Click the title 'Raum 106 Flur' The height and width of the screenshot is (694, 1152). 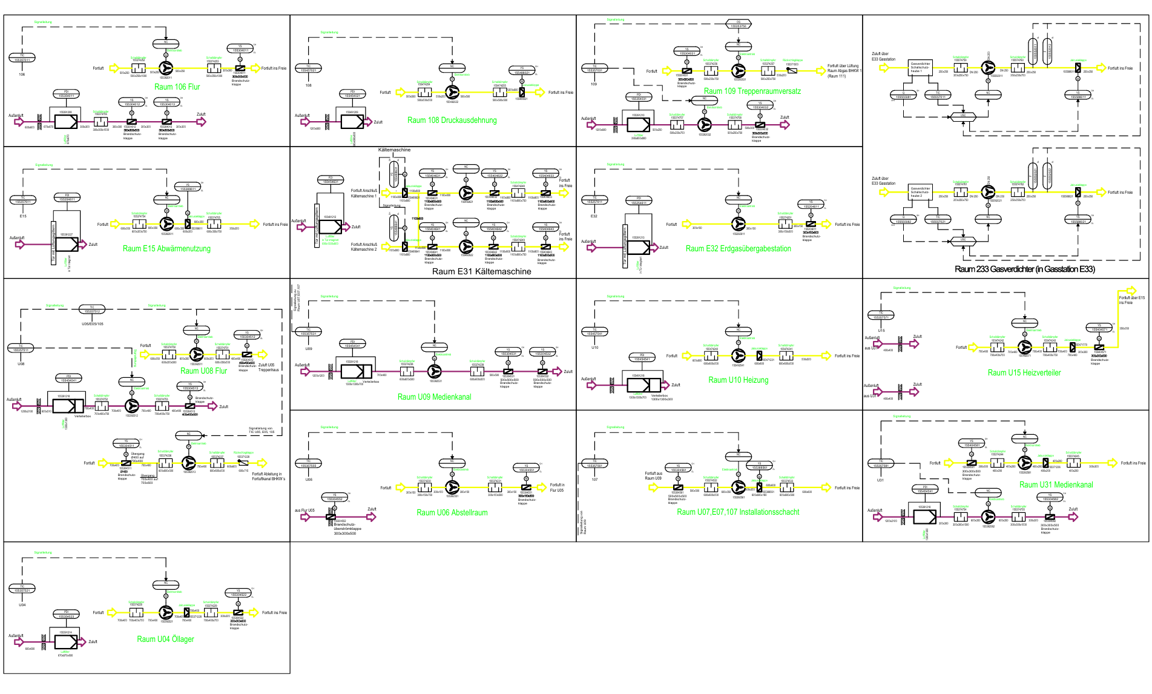(177, 87)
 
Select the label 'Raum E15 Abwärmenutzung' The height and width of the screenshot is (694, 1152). (166, 249)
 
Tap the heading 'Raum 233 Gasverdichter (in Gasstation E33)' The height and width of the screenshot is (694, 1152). (1024, 269)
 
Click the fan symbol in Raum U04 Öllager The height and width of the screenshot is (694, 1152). (166, 612)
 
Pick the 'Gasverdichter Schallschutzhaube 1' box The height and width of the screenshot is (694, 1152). (920, 67)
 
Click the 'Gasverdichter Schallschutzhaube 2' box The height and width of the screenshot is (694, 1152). (920, 192)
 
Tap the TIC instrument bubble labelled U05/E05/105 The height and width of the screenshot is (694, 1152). (93, 309)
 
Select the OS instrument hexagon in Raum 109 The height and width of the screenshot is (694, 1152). (738, 24)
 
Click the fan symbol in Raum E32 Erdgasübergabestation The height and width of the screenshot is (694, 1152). (738, 224)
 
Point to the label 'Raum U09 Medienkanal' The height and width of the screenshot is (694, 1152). (434, 397)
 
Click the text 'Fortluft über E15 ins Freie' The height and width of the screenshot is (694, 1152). (1131, 300)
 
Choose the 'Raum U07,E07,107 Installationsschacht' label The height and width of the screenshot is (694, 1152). (738, 512)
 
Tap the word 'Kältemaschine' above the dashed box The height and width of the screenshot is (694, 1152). (394, 150)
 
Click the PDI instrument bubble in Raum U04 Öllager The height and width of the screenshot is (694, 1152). (67, 615)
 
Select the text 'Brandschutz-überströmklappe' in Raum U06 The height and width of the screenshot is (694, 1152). (347, 526)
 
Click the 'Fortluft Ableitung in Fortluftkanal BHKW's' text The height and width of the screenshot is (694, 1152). (268, 477)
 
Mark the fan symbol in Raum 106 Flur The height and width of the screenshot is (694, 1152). (166, 68)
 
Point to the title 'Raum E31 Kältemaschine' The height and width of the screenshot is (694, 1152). (481, 272)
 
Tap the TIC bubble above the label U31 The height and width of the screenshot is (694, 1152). (881, 464)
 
